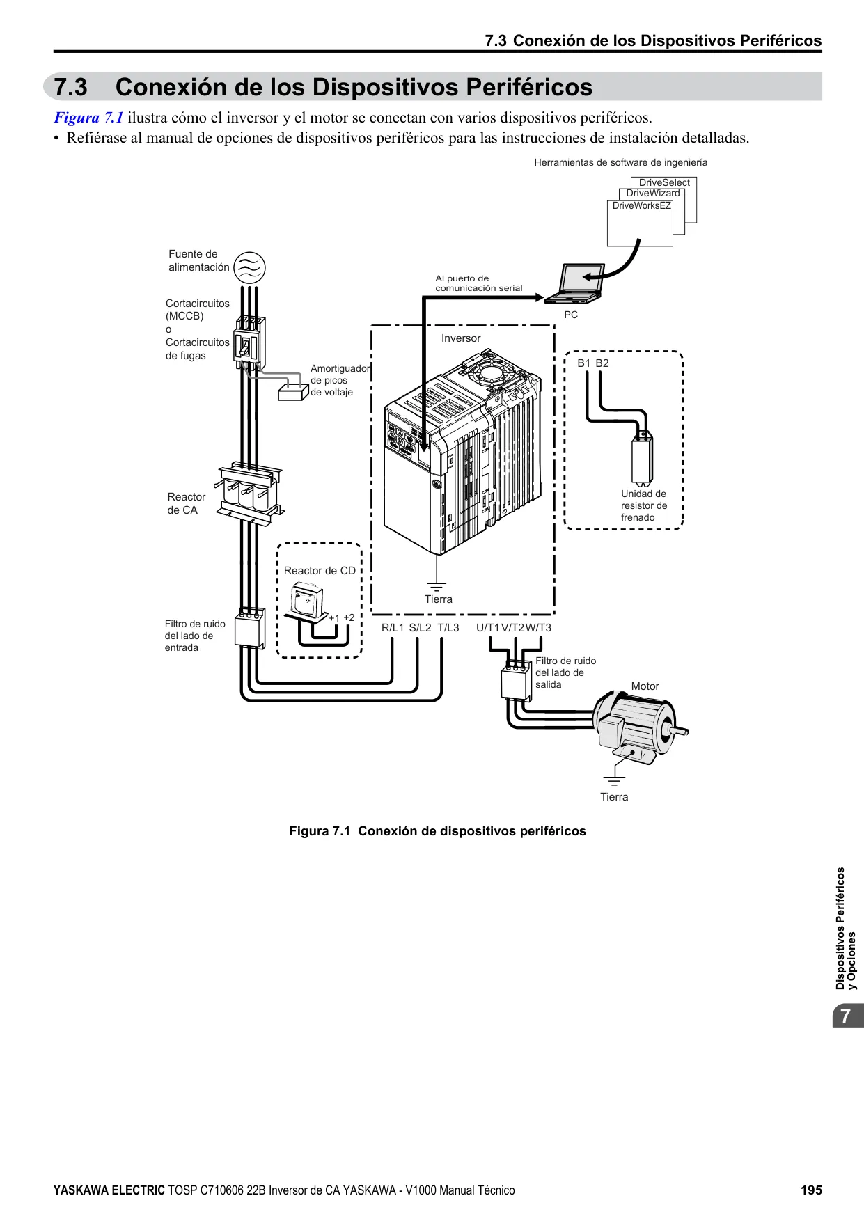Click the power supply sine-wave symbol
(249, 267)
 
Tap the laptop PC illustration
(574, 284)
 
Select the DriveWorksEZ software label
(642, 206)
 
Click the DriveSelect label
(664, 182)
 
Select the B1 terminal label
(583, 363)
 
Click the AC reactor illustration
(250, 493)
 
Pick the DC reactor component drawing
(307, 603)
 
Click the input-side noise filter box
(250, 629)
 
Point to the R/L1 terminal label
(393, 628)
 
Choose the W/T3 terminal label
(539, 628)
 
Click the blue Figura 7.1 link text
(88, 118)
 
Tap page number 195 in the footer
(811, 1190)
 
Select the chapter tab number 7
(845, 1016)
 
